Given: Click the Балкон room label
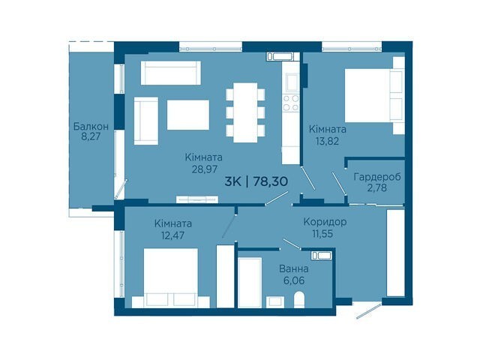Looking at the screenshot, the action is [91, 126].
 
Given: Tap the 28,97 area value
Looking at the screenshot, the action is [205, 169].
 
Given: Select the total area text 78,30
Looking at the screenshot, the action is [271, 181].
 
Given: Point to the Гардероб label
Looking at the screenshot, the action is [377, 177].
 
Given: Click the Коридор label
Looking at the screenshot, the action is [325, 222].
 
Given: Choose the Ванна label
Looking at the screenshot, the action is [293, 269].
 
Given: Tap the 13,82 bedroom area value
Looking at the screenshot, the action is [327, 141].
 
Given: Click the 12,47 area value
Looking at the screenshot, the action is [173, 235].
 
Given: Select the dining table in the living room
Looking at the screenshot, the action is [245, 112].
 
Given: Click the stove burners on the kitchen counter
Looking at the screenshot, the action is [290, 103].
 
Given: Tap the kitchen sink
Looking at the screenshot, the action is [292, 82].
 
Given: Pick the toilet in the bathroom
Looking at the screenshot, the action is [299, 300].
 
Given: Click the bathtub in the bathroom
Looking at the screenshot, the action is [250, 282].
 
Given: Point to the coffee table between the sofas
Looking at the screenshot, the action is [188, 115].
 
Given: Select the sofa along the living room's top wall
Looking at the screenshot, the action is [171, 73].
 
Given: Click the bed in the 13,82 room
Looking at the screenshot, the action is [375, 95].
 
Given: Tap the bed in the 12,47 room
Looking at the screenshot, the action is [171, 277].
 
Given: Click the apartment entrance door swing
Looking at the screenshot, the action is [369, 310].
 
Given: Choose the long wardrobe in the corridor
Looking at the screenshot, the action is [395, 253].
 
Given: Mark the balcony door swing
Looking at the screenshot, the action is [121, 189].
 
